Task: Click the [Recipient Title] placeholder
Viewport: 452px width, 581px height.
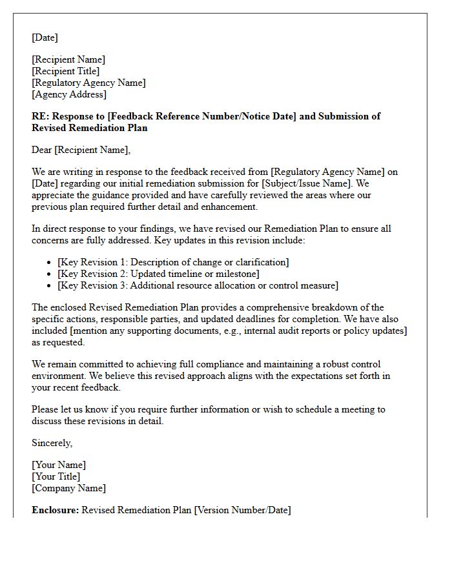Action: click(66, 71)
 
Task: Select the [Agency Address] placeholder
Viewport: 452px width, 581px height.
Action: click(69, 94)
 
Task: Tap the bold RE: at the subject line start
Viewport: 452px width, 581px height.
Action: click(40, 116)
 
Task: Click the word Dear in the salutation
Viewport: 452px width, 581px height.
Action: click(42, 150)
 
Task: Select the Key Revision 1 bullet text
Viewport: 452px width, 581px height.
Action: click(173, 262)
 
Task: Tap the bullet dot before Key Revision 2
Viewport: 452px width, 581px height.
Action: click(50, 274)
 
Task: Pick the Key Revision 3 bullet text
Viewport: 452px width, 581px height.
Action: click(198, 285)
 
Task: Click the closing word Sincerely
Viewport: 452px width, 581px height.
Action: click(52, 443)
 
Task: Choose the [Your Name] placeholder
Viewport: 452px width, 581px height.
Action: click(59, 465)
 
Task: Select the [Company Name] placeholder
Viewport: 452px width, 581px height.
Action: click(69, 488)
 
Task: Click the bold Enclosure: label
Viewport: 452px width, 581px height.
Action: click(56, 510)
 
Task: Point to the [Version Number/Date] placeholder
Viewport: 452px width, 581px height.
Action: click(243, 510)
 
